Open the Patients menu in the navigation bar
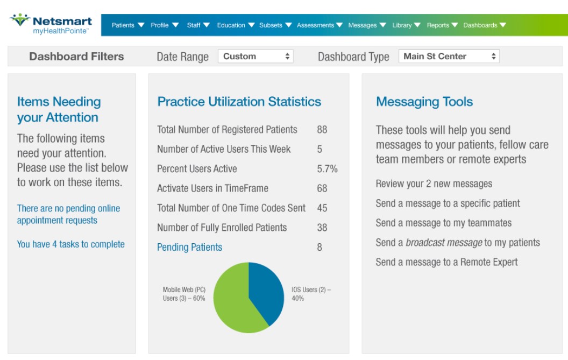127,25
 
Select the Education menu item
235,25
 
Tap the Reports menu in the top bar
442,25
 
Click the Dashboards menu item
484,25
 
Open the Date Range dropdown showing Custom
255,57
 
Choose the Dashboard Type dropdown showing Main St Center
449,57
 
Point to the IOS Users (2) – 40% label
311,294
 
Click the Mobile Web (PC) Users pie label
184,294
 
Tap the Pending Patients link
189,248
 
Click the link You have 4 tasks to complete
70,244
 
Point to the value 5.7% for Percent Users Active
327,169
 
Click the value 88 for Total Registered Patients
322,130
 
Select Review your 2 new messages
434,184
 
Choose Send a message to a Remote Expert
446,262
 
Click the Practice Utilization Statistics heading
239,102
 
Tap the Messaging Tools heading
424,102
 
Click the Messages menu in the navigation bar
367,25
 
